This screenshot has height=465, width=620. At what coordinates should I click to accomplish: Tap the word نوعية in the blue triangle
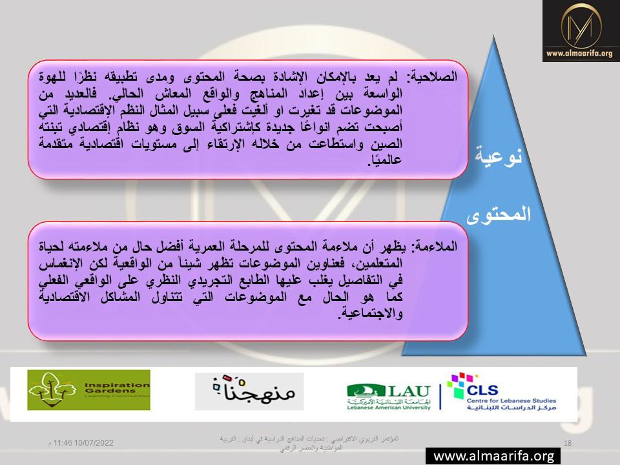tap(499, 155)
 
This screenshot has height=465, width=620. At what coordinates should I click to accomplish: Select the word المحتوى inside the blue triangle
tap(499, 214)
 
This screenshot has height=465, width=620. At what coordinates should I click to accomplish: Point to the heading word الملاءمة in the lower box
tap(435, 247)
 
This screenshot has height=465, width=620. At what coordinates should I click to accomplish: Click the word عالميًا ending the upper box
tap(385, 160)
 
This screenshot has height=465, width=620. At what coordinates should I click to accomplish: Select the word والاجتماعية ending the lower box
tap(370, 314)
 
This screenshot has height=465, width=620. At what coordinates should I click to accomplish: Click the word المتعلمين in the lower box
tap(375, 263)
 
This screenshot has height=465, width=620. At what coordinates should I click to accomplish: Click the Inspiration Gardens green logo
tap(88, 390)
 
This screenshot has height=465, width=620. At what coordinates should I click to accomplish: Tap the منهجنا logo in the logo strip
tap(249, 391)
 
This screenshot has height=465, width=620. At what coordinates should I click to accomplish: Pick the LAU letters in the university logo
tap(409, 391)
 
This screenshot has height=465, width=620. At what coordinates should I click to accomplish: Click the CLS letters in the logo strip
tap(482, 391)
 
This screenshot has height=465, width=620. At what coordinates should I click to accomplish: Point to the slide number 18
tap(568, 443)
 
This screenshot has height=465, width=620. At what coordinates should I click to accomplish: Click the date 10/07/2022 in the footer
tap(94, 443)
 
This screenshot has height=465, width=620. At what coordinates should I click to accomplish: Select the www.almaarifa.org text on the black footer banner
tap(493, 457)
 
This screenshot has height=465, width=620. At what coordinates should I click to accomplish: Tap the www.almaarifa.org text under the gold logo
tap(579, 53)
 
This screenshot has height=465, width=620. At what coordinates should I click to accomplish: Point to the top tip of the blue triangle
tap(493, 35)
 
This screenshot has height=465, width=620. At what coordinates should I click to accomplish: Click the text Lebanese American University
tap(388, 408)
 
